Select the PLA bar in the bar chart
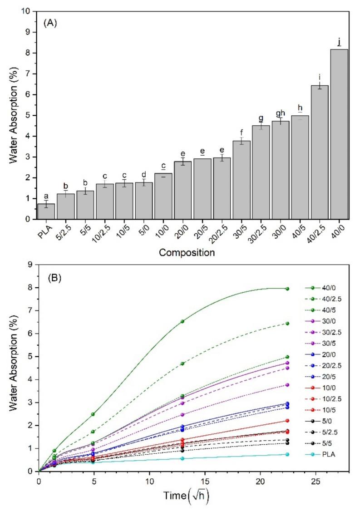tap(46, 211)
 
